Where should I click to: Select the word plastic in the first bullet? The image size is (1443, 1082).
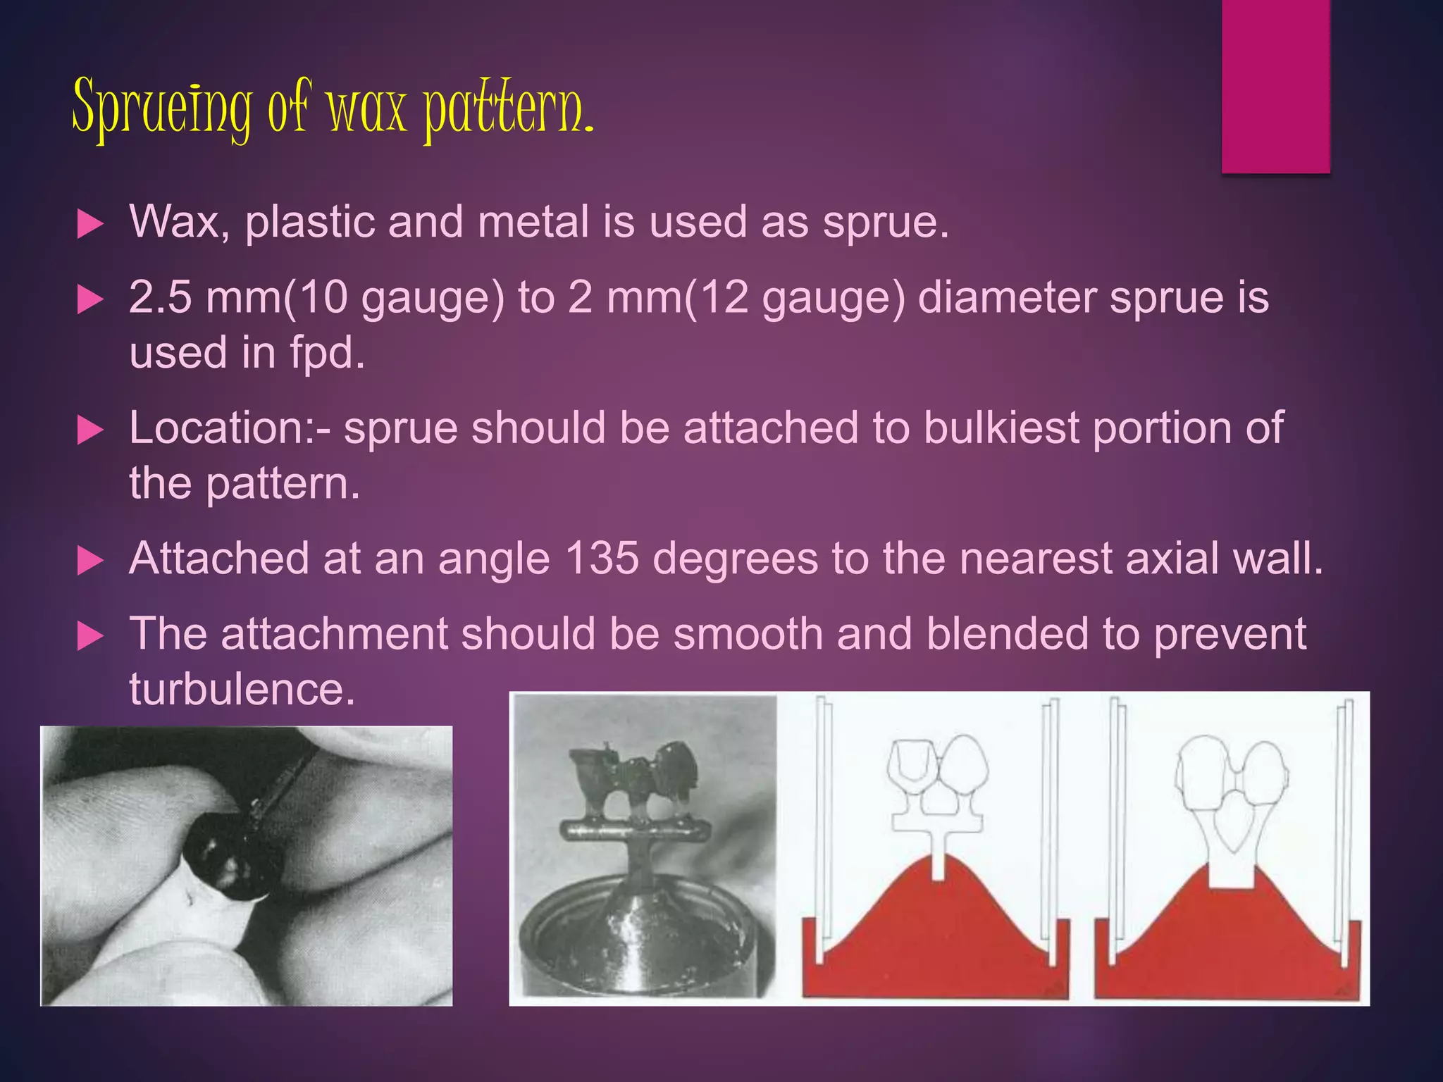click(310, 222)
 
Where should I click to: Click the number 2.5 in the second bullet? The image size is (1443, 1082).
click(161, 297)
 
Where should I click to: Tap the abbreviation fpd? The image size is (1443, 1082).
click(327, 352)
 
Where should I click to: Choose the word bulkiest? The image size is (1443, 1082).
click(1001, 428)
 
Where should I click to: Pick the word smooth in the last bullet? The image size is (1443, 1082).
click(748, 633)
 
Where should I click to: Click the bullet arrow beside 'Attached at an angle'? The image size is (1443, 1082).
click(89, 561)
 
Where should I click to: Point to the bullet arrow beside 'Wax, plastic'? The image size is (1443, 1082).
click(89, 225)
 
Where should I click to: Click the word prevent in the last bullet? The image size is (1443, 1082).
click(1230, 633)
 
